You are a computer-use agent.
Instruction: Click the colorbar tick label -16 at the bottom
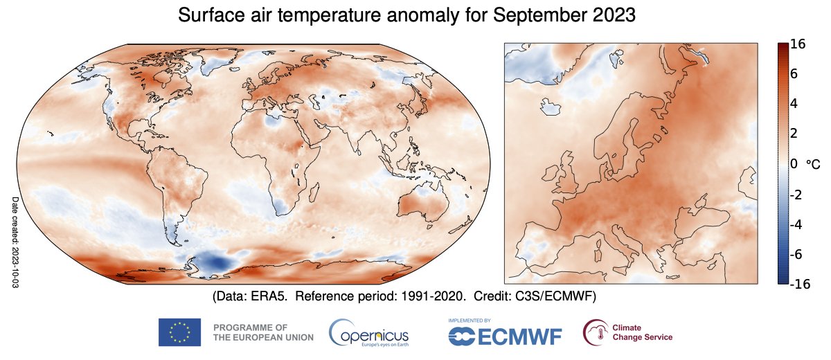[800, 284]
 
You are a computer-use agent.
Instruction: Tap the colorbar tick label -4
[796, 225]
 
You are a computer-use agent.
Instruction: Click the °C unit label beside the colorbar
[813, 165]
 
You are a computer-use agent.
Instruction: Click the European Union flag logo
[179, 332]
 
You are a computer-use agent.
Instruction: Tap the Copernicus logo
[369, 332]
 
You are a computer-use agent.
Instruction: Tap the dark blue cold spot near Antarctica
[216, 263]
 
